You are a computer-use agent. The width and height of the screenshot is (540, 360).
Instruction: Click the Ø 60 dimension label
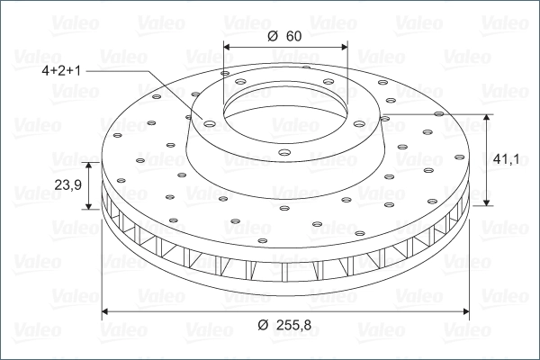tap(284, 36)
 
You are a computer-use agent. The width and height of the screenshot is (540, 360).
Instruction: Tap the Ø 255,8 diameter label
tap(284, 325)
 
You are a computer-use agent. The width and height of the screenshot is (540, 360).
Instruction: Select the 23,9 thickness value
tap(67, 185)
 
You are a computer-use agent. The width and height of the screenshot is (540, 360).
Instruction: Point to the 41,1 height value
tap(506, 159)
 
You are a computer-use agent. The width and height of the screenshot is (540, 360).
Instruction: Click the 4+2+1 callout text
tap(61, 70)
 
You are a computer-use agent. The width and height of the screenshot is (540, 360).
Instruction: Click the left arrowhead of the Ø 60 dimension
tap(227, 47)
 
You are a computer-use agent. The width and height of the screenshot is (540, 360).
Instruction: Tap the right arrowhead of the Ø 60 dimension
tap(345, 47)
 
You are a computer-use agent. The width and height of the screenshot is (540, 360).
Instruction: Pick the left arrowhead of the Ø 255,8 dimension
tap(105, 311)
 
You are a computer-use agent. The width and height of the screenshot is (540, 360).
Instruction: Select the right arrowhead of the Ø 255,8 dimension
tap(466, 311)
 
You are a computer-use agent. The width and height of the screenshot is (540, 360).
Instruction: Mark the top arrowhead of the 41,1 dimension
tap(486, 118)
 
